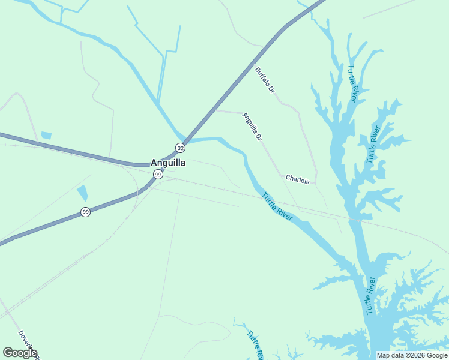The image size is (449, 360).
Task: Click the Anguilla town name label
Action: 167,163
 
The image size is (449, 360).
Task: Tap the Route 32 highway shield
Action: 180,147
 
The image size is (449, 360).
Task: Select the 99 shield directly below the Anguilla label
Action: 157,174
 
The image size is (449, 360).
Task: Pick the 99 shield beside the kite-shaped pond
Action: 86,212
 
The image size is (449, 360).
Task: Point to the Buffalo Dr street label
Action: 265,80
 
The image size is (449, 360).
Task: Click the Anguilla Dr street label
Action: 252,127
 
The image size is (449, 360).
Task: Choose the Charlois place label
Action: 297,179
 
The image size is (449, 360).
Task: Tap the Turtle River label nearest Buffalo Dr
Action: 352,83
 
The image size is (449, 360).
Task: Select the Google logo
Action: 20,353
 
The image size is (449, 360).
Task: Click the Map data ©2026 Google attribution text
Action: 412,355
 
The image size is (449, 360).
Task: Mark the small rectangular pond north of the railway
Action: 46,136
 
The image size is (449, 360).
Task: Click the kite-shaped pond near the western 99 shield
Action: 82,193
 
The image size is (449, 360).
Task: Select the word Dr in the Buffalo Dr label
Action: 271,88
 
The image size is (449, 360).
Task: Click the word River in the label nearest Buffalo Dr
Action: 355,92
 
